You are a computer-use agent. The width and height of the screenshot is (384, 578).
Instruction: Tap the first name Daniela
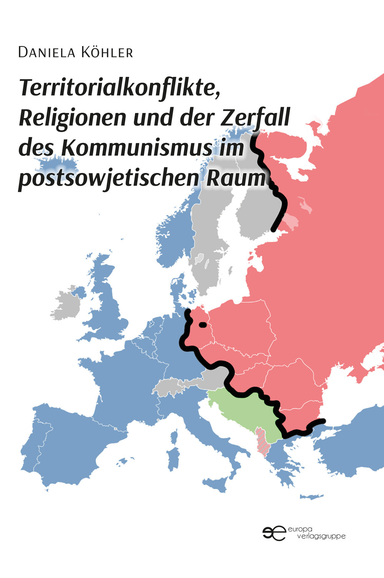pyautogui.click(x=46, y=52)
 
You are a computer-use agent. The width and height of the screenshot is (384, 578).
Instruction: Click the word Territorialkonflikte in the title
pyautogui.click(x=119, y=88)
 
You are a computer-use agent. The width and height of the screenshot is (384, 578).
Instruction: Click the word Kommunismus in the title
pyautogui.click(x=137, y=148)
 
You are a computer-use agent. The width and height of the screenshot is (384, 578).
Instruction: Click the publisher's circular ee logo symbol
pyautogui.click(x=274, y=533)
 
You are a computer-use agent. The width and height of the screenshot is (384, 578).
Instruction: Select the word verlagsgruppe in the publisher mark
pyautogui.click(x=322, y=536)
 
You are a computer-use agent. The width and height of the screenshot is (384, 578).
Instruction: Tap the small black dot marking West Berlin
pyautogui.click(x=202, y=325)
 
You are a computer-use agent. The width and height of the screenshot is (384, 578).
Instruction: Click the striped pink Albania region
pyautogui.click(x=262, y=442)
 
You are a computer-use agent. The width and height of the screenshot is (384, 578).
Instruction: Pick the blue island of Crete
pyautogui.click(x=311, y=497)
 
